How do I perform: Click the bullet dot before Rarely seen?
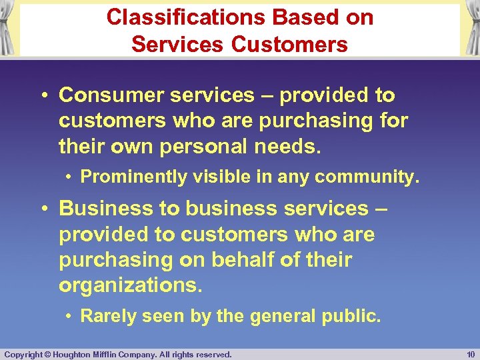pyautogui.click(x=69, y=316)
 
